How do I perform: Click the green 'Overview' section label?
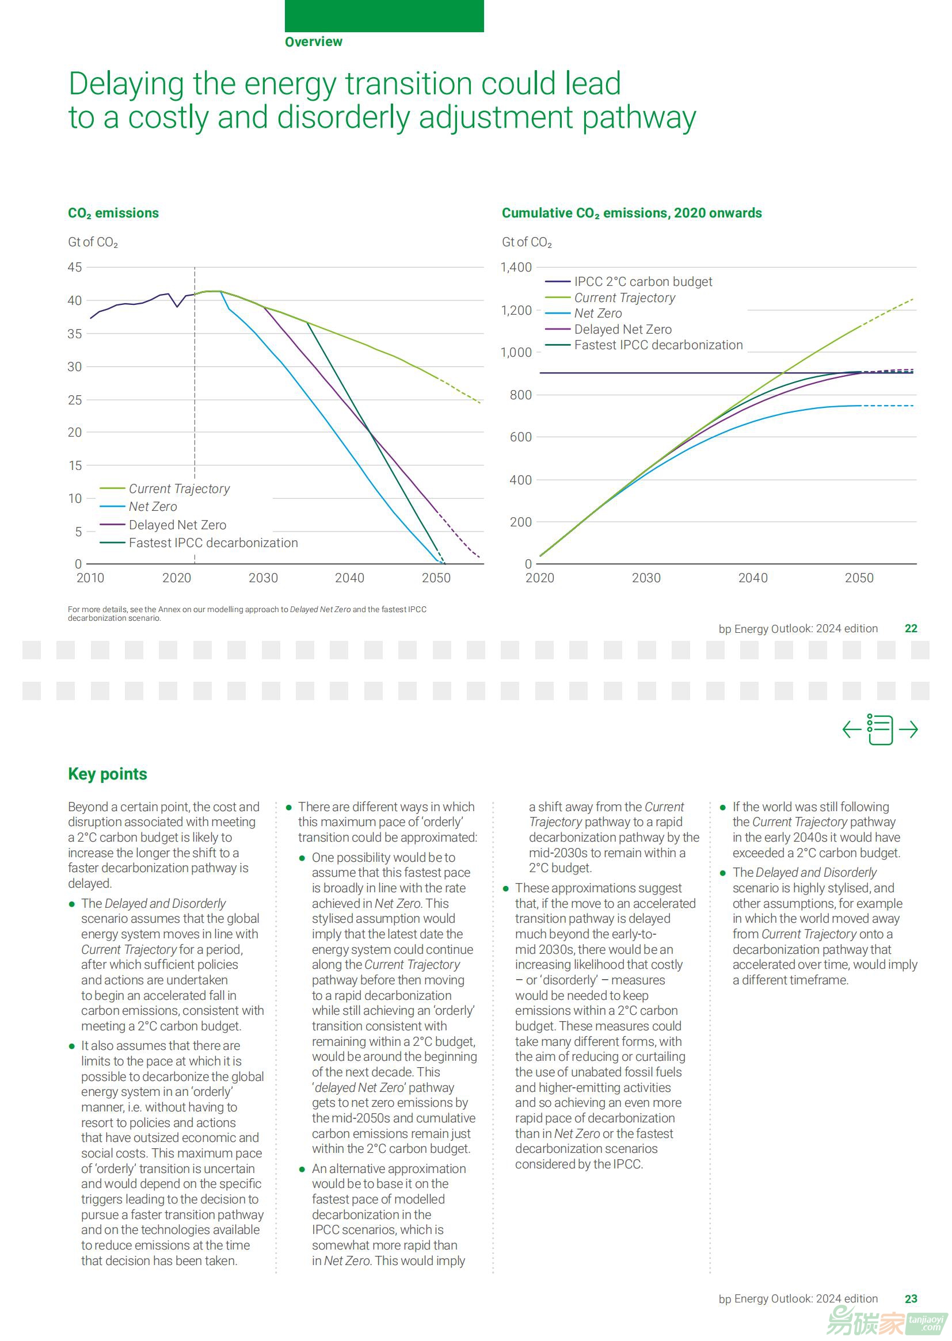click(314, 41)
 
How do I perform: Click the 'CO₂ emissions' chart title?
click(113, 213)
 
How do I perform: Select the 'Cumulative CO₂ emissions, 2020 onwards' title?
click(632, 213)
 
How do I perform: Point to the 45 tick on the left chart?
click(75, 267)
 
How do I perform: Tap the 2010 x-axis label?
click(90, 578)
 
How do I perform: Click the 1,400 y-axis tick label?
click(516, 267)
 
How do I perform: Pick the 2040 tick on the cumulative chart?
click(753, 578)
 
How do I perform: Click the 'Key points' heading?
click(107, 774)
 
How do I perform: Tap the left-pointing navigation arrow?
click(851, 729)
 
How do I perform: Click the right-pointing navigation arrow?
click(908, 729)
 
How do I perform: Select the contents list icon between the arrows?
click(880, 729)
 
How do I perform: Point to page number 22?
click(911, 629)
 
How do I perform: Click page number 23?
click(911, 1299)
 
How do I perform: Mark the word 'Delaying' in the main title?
click(127, 85)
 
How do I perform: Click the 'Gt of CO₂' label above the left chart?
click(93, 243)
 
